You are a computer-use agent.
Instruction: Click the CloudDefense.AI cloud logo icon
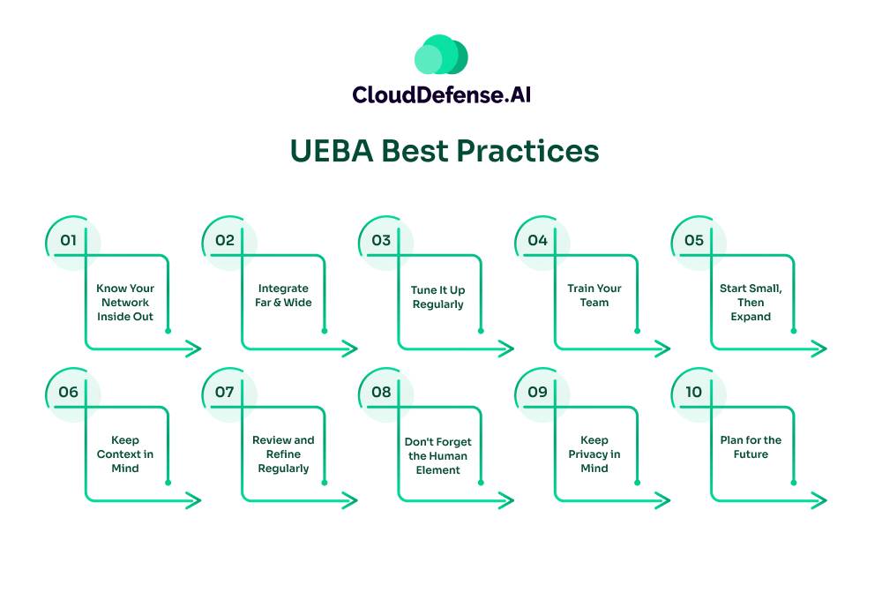pyautogui.click(x=441, y=55)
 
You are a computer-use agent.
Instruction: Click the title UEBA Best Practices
pyautogui.click(x=445, y=151)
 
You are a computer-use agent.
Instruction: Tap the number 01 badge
pyautogui.click(x=69, y=240)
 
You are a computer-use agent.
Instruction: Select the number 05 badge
pyautogui.click(x=694, y=240)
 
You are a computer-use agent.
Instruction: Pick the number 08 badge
pyautogui.click(x=381, y=392)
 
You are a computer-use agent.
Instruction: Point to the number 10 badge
pyautogui.click(x=694, y=392)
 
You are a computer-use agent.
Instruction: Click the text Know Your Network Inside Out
pyautogui.click(x=124, y=303)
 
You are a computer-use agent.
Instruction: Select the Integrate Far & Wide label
pyautogui.click(x=284, y=296)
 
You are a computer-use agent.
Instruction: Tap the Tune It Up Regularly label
pyautogui.click(x=437, y=296)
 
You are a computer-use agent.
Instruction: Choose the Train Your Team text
pyautogui.click(x=594, y=296)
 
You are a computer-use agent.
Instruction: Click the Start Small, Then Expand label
pyautogui.click(x=751, y=303)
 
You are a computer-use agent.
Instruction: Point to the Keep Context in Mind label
pyautogui.click(x=125, y=454)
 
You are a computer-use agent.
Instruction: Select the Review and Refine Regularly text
pyautogui.click(x=283, y=454)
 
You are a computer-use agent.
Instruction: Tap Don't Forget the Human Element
pyautogui.click(x=438, y=454)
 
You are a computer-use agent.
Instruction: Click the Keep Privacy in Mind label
pyautogui.click(x=594, y=454)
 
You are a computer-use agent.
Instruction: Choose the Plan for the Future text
pyautogui.click(x=751, y=447)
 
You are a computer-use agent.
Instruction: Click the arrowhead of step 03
pyautogui.click(x=507, y=349)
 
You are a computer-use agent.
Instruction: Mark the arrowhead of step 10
pyautogui.click(x=820, y=500)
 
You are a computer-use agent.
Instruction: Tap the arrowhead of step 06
pyautogui.click(x=194, y=500)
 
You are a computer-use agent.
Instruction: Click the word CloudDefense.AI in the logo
pyautogui.click(x=441, y=94)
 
